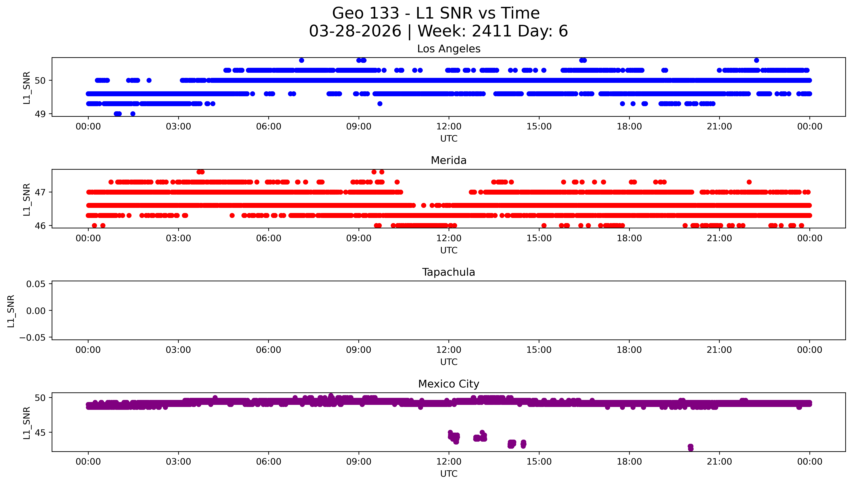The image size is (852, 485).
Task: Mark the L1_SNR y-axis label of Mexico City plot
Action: pos(27,423)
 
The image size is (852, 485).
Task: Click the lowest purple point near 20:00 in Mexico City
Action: pos(691,449)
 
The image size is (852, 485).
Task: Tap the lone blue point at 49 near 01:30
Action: pos(133,114)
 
